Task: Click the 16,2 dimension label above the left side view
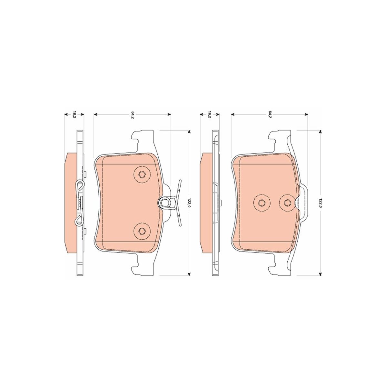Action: pyautogui.click(x=74, y=115)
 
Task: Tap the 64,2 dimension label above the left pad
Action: pyautogui.click(x=132, y=115)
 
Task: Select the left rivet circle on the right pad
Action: pyautogui.click(x=262, y=203)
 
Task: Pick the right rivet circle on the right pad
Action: pyautogui.click(x=287, y=203)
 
